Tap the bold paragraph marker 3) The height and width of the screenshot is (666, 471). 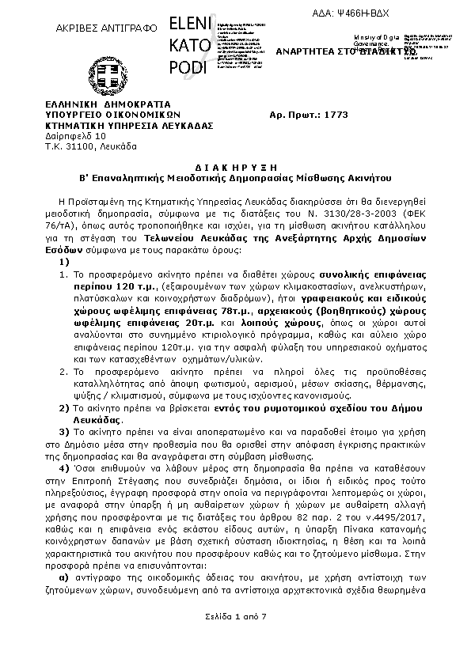click(x=65, y=432)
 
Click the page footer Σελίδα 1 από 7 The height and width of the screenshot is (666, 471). click(x=234, y=615)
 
